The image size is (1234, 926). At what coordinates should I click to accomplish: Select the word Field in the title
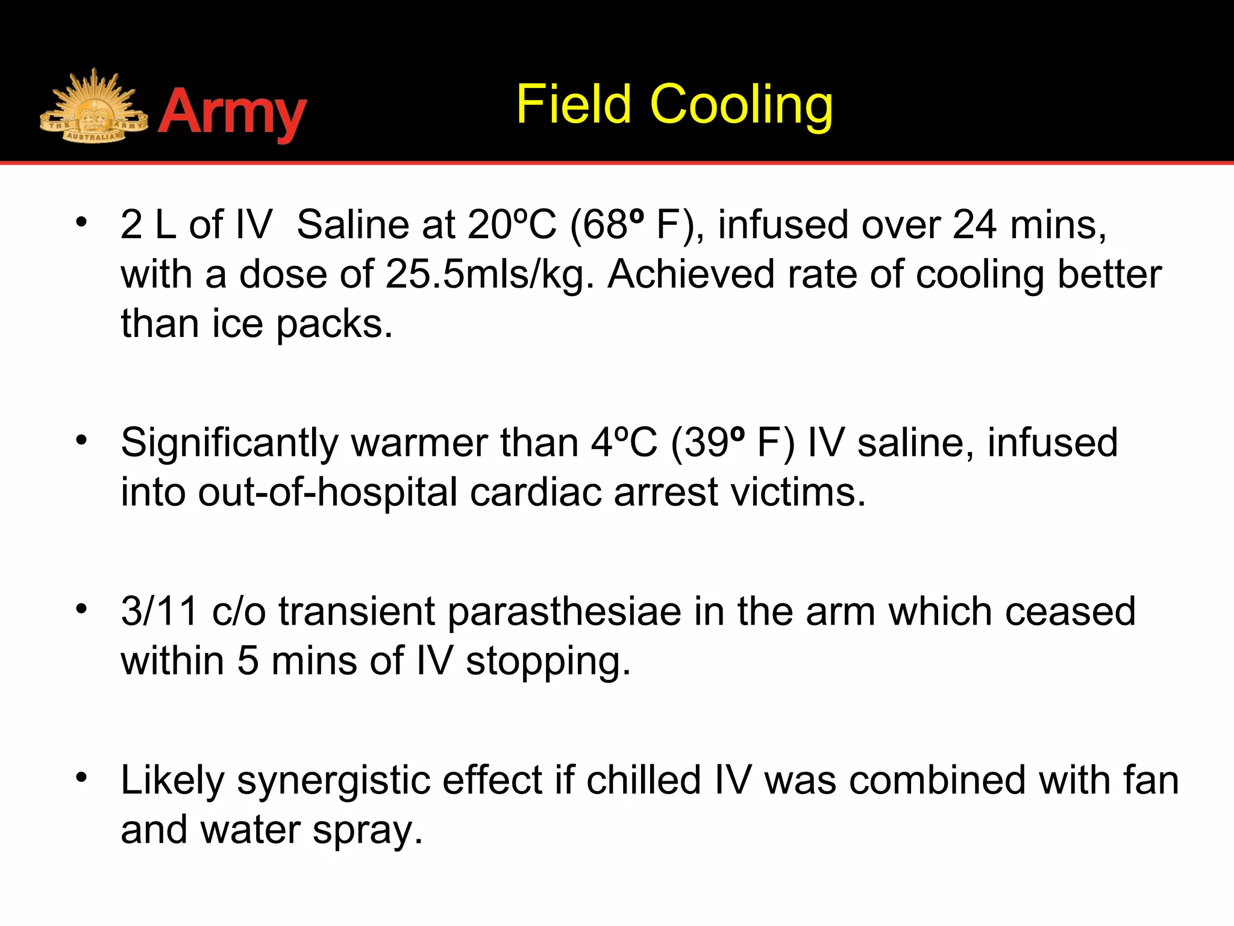[573, 105]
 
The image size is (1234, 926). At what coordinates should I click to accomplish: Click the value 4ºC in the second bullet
[624, 443]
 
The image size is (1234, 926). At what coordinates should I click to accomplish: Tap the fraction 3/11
[160, 611]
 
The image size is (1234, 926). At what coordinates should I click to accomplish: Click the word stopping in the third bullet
[548, 662]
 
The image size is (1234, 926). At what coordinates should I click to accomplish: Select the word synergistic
[333, 781]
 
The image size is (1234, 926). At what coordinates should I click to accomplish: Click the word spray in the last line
[368, 831]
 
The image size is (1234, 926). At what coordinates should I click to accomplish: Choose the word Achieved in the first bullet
[691, 275]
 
